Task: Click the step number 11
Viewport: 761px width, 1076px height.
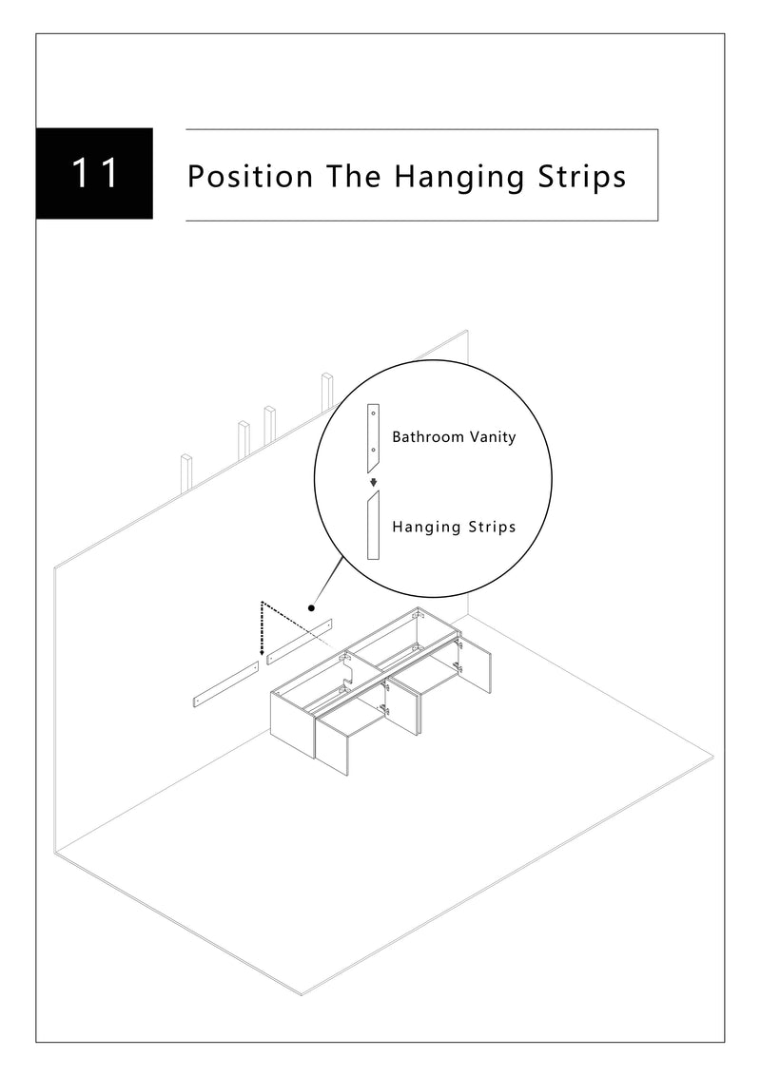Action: [95, 174]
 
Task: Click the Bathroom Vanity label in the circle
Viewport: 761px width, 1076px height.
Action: [454, 437]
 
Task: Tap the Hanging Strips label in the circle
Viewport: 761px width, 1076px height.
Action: [454, 526]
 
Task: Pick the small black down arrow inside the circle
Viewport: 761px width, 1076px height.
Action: [374, 481]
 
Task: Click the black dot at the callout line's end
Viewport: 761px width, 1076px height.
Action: [311, 606]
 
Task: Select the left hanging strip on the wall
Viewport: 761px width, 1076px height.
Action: [225, 685]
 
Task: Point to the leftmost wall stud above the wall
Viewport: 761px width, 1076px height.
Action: [186, 472]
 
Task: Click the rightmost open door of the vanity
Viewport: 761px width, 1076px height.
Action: [478, 667]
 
